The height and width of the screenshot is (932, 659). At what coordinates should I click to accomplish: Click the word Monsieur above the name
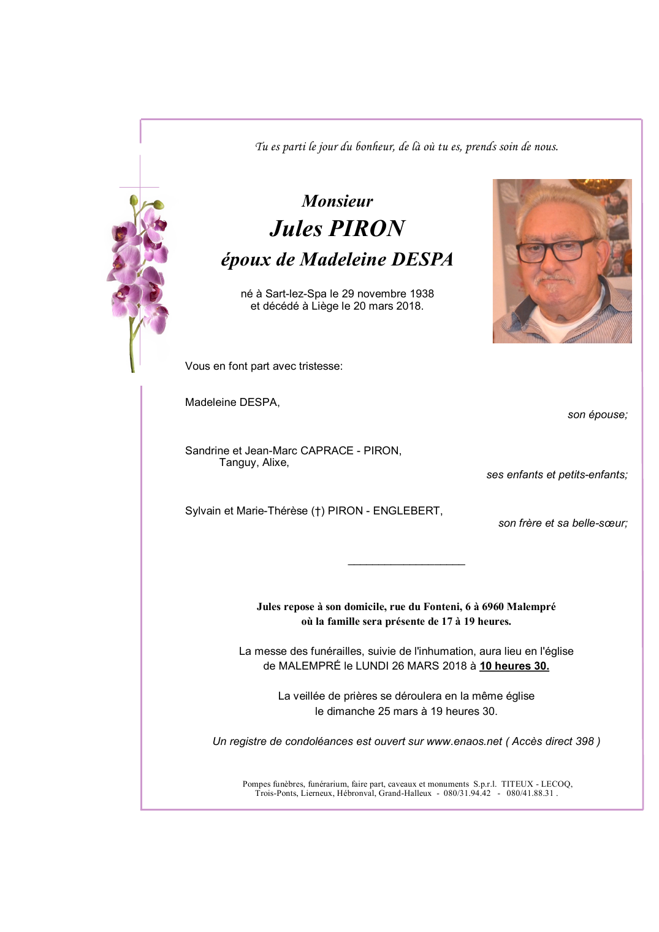337,201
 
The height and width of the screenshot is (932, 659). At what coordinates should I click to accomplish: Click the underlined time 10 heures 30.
514,666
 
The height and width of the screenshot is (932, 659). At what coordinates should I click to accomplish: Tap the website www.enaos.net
464,741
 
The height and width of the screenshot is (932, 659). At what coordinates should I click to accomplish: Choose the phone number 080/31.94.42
467,793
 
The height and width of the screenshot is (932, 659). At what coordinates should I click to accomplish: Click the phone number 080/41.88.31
530,793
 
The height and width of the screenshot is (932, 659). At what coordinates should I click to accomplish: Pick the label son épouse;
597,414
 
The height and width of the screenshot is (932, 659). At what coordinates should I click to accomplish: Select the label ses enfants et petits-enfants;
557,475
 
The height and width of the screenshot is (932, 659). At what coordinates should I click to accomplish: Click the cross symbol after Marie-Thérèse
318,511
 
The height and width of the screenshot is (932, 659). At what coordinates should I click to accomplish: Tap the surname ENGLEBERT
407,511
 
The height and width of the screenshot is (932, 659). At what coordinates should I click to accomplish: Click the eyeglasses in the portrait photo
555,251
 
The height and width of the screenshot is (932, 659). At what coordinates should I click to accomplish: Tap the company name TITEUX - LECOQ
536,784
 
